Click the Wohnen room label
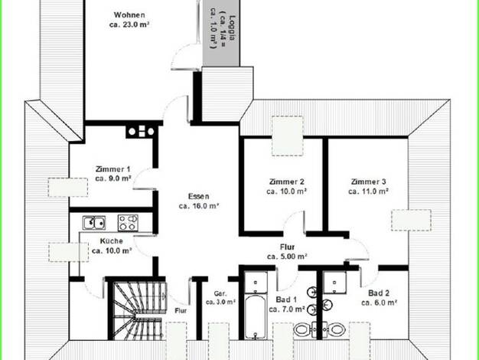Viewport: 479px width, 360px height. pyautogui.click(x=129, y=15)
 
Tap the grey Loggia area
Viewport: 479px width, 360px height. pyautogui.click(x=221, y=33)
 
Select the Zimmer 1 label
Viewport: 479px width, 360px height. pyautogui.click(x=112, y=169)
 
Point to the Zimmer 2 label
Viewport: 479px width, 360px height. pyautogui.click(x=286, y=182)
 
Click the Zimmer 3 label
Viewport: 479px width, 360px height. pyautogui.click(x=368, y=182)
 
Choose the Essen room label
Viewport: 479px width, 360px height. pyautogui.click(x=199, y=196)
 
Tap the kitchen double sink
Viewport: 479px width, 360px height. pyautogui.click(x=94, y=223)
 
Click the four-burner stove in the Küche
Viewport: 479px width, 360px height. pyautogui.click(x=128, y=222)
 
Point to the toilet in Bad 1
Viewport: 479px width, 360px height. pyautogui.click(x=304, y=329)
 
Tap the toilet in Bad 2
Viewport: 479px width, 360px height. pyautogui.click(x=334, y=329)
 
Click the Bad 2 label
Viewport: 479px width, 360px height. pyautogui.click(x=379, y=293)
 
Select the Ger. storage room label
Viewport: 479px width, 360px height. pyautogui.click(x=220, y=293)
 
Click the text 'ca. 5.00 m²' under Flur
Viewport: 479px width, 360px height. pyautogui.click(x=287, y=257)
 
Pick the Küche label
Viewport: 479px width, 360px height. pyautogui.click(x=111, y=241)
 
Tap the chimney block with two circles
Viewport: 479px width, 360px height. pyautogui.click(x=141, y=132)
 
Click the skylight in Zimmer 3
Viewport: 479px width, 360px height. pyautogui.click(x=411, y=220)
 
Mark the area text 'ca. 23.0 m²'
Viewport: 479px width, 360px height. pyautogui.click(x=129, y=25)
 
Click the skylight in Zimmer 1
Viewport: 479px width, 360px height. pyautogui.click(x=68, y=187)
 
